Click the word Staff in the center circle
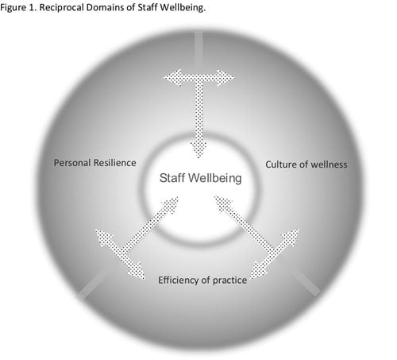(x=172, y=178)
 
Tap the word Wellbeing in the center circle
(x=215, y=178)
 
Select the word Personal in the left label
(x=72, y=163)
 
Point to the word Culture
(x=281, y=165)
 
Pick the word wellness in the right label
(x=329, y=165)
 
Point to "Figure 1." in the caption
(x=18, y=8)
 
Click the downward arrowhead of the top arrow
(x=198, y=149)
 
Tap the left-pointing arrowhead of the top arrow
(x=172, y=78)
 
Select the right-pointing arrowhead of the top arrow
(x=225, y=78)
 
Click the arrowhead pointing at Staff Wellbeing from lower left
(x=171, y=204)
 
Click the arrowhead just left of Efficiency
(x=137, y=271)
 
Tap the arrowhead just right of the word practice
(x=258, y=271)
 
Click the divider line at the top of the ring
(x=198, y=50)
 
